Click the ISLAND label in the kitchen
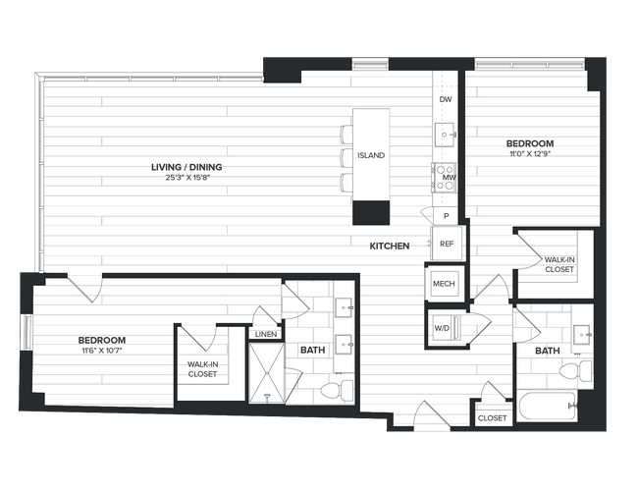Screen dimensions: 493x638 point(371,156)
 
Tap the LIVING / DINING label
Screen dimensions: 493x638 point(186,167)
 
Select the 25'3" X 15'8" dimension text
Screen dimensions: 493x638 point(186,179)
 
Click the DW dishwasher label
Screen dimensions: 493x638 point(446,100)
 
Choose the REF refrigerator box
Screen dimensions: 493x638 point(446,244)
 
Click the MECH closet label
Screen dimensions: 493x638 point(442,284)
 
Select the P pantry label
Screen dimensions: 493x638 point(446,215)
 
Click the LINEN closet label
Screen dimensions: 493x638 point(265,334)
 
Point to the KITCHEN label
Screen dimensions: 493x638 point(390,246)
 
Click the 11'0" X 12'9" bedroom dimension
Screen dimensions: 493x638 point(531,153)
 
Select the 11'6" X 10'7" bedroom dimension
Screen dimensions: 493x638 point(102,352)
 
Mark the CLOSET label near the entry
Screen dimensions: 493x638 point(492,418)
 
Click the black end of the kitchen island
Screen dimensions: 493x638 point(371,211)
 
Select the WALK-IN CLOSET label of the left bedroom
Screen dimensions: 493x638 point(202,368)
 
